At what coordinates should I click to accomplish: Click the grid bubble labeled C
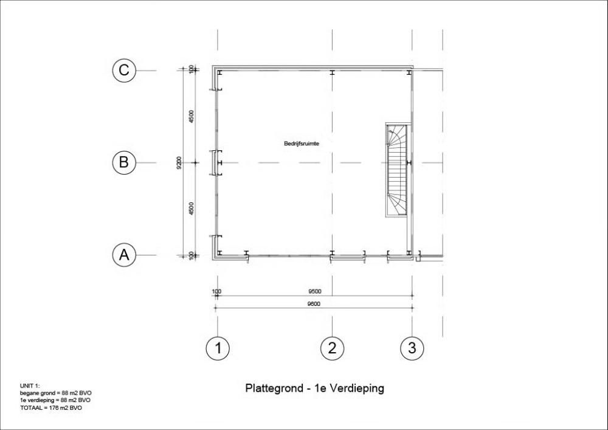124,70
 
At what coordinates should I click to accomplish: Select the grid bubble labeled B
124,162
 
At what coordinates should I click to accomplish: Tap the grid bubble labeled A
124,255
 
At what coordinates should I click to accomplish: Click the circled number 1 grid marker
218,348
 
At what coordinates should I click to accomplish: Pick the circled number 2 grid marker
333,348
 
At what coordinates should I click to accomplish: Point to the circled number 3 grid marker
412,348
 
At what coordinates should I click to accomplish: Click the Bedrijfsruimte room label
302,144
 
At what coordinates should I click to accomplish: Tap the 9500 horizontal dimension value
314,291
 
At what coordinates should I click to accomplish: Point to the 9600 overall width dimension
314,304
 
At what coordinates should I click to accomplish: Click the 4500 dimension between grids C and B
191,117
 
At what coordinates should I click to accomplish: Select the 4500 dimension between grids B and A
191,209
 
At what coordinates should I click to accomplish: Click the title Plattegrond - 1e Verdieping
314,388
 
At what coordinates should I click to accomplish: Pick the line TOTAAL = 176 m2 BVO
51,408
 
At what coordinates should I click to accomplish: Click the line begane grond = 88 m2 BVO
56,393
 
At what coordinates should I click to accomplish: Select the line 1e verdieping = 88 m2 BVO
55,400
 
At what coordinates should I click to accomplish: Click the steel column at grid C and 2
333,72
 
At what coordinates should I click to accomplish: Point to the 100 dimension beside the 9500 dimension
217,291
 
